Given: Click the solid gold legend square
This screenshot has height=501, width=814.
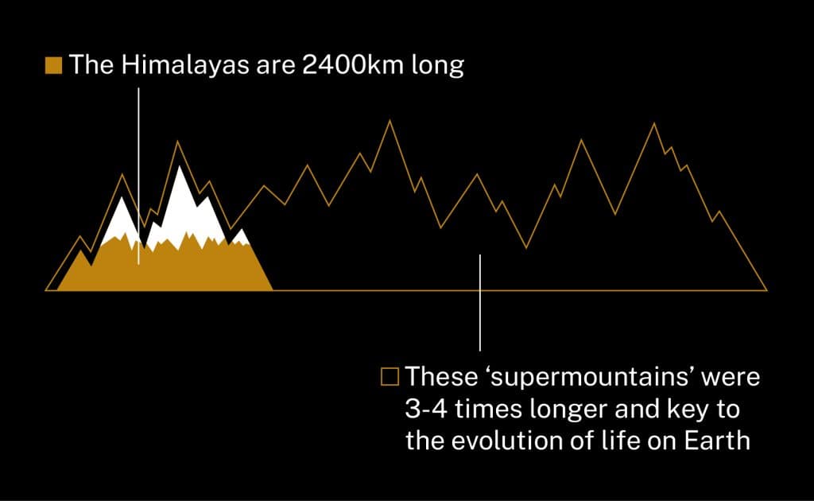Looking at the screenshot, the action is (53, 65).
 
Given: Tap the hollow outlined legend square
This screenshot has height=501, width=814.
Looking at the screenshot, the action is (390, 377).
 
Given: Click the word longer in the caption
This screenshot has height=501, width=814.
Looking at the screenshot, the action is (568, 410).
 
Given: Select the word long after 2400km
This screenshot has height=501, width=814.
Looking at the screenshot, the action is (438, 67).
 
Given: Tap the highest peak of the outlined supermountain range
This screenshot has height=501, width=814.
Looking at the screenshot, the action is (390, 121).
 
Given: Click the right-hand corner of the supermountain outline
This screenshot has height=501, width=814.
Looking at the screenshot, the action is (767, 290).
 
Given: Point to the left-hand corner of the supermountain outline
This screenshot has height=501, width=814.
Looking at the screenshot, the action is (46, 290).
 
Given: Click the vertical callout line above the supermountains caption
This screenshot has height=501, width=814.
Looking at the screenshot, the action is (480, 303).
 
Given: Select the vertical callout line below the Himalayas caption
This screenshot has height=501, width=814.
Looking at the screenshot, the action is (138, 176).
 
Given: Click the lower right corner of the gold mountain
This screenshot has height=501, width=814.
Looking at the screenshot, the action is (273, 289).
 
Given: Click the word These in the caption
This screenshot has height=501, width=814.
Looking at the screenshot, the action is (441, 376).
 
